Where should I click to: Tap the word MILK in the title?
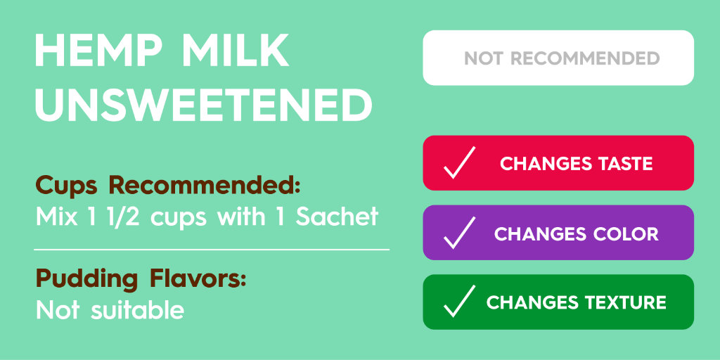[x=242, y=51]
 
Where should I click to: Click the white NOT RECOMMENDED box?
[x=558, y=58]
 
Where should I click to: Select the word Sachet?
[x=337, y=217]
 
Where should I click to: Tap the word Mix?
[x=56, y=217]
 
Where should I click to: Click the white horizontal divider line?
[x=211, y=249]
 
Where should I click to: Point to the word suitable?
[x=137, y=309]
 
